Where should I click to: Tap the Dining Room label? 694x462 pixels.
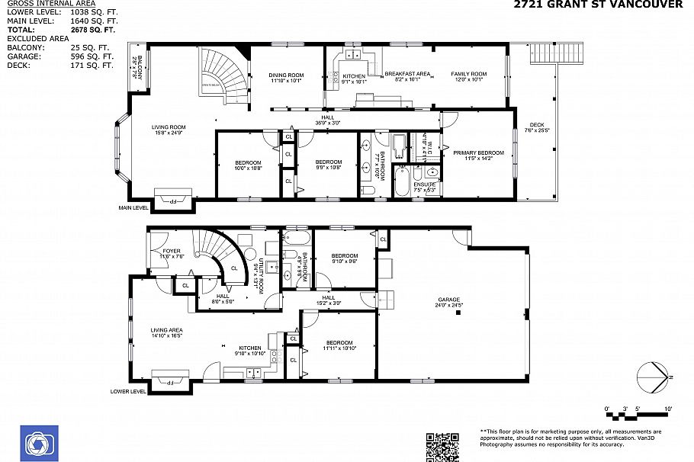pyautogui.click(x=287, y=75)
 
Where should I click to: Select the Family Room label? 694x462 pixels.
pyautogui.click(x=468, y=74)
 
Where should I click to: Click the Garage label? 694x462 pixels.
pyautogui.click(x=448, y=300)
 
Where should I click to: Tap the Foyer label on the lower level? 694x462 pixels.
pyautogui.click(x=171, y=251)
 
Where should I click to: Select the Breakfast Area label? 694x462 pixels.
pyautogui.click(x=407, y=74)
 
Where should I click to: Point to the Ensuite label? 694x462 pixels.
pyautogui.click(x=425, y=184)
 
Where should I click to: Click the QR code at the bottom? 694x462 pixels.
pyautogui.click(x=442, y=447)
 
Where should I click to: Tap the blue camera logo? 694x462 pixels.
pyautogui.click(x=37, y=443)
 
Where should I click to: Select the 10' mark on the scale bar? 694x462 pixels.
pyautogui.click(x=668, y=409)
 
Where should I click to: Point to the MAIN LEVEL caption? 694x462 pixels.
pyautogui.click(x=133, y=207)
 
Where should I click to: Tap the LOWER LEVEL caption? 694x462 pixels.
pyautogui.click(x=127, y=391)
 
